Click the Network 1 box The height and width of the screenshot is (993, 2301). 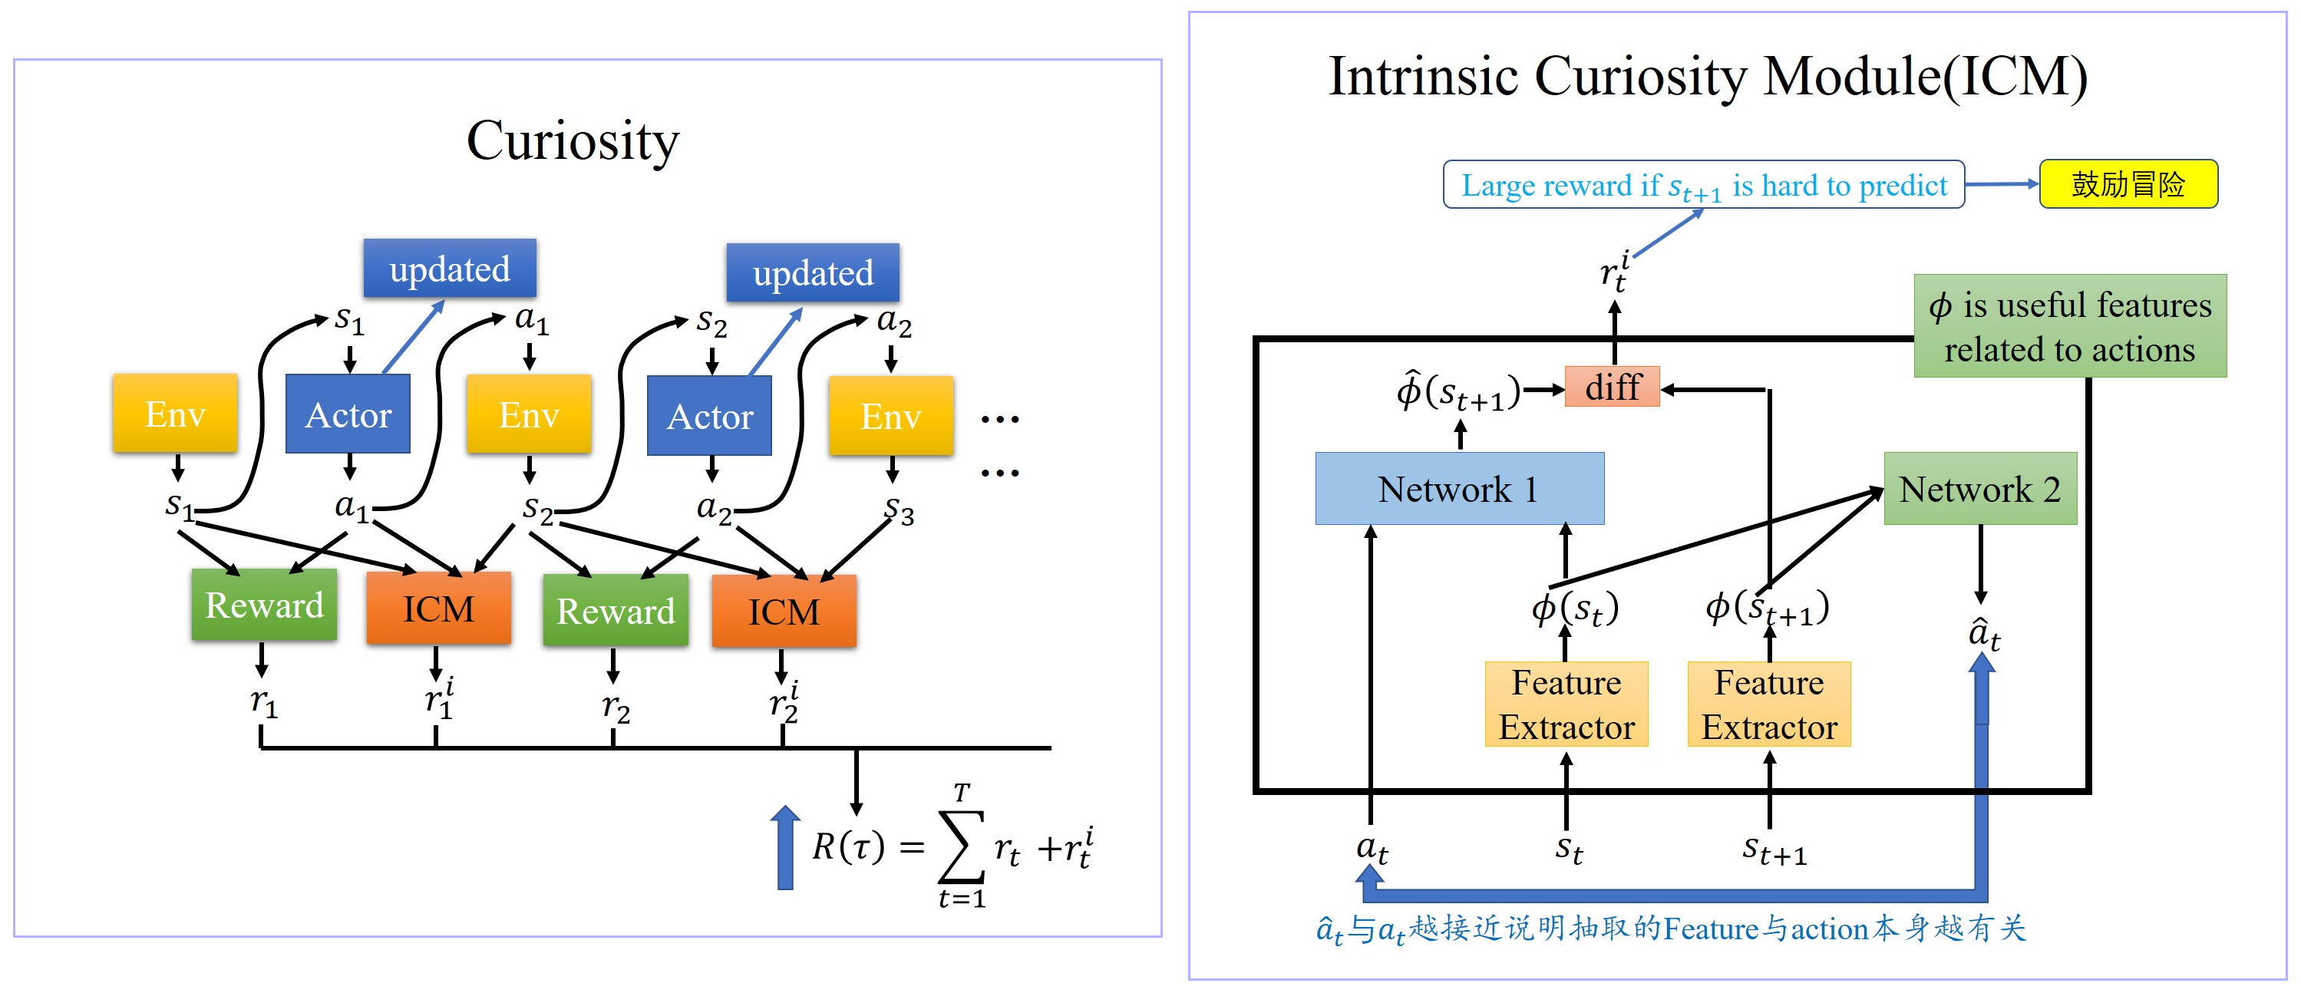click(1459, 489)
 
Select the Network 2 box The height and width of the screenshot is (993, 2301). click(1979, 489)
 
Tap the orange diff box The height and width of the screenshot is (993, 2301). click(1612, 387)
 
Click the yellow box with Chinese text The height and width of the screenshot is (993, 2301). click(2128, 184)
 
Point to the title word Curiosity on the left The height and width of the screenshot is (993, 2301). click(573, 141)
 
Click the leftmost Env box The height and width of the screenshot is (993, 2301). click(175, 414)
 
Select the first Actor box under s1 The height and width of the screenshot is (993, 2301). click(348, 414)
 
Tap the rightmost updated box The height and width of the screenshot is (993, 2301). click(812, 273)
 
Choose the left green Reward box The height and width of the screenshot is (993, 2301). click(263, 605)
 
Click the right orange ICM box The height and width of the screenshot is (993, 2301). click(784, 612)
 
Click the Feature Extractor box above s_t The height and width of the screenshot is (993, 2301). click(1566, 704)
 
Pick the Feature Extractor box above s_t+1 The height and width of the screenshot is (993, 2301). click(1768, 704)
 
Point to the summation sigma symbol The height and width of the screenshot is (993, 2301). click(960, 846)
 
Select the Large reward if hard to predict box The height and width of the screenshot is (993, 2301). click(1702, 185)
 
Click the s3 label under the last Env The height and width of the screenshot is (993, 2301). click(899, 511)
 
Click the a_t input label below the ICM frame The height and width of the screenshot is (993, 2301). click(1371, 847)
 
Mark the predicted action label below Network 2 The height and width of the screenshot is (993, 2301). click(1984, 634)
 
